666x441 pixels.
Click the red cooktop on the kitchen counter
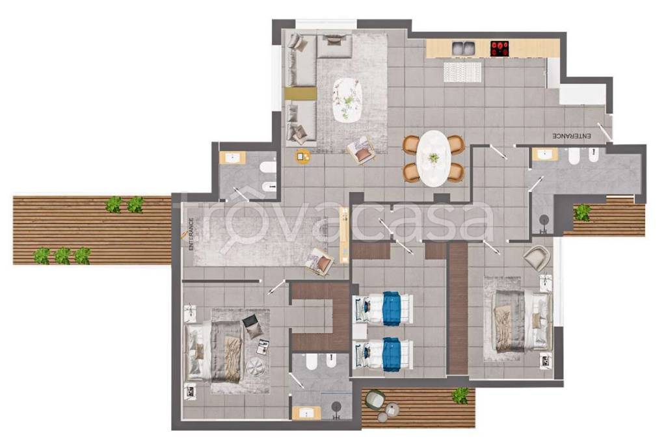coord(500,48)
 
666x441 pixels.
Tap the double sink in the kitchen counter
coord(463,48)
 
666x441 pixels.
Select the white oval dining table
coord(433,158)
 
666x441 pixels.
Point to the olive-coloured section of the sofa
coord(300,94)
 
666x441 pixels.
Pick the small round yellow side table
coord(303,157)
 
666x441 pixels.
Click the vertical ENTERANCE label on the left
coord(191,234)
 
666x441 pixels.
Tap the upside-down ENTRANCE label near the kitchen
coord(572,137)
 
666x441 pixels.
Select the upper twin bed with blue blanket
coord(383,308)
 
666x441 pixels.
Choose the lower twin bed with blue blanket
coord(383,354)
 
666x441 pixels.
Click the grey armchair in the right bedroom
coord(537,258)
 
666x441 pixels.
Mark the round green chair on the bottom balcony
coord(375,399)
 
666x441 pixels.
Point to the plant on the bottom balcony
coord(460,395)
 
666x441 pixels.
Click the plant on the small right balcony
coord(582,212)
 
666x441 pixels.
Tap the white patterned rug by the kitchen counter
coord(462,72)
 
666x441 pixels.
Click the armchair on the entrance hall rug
coord(319,261)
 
